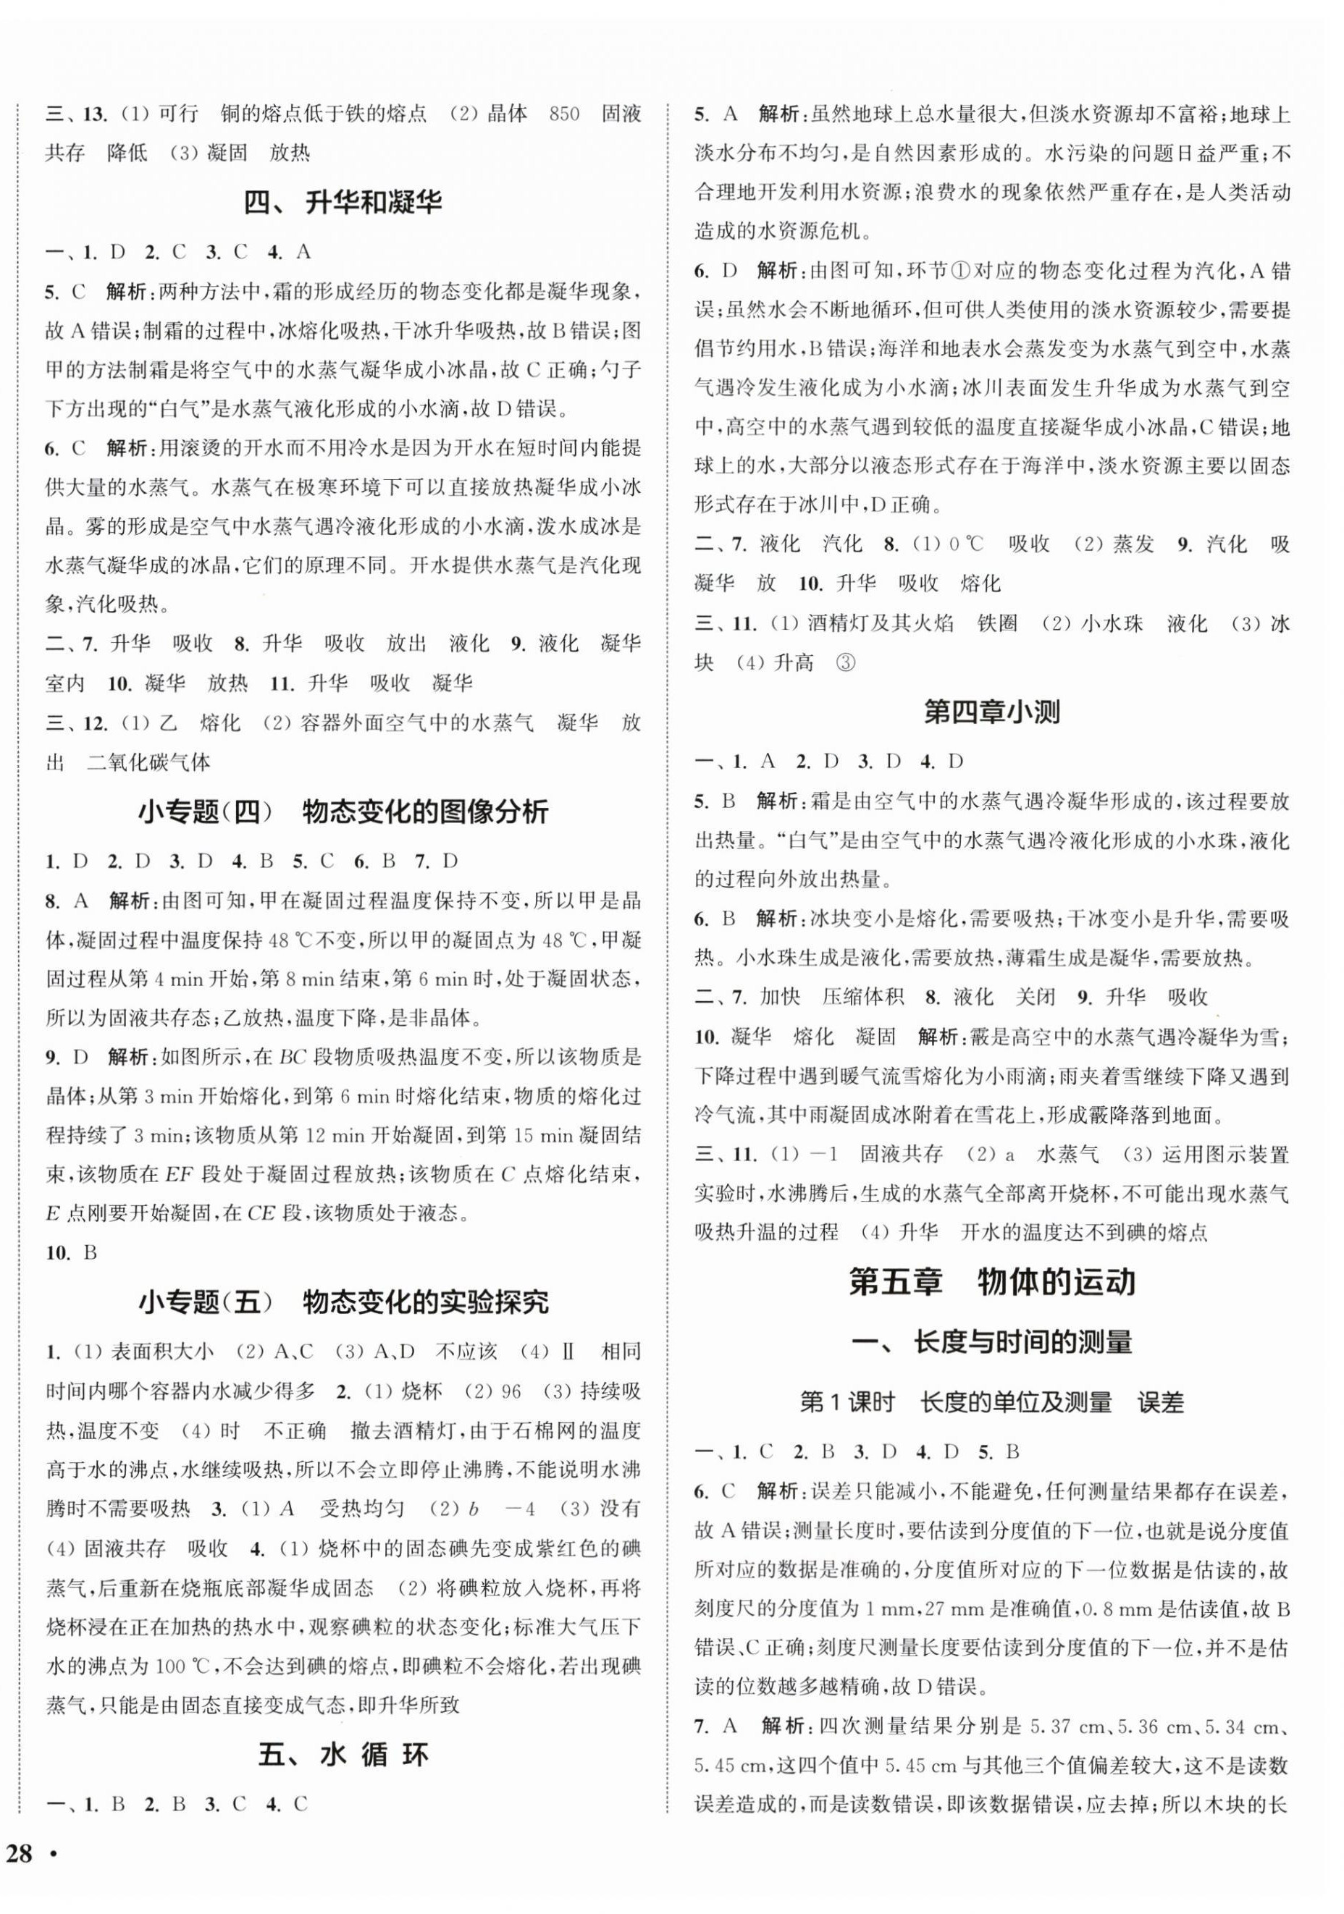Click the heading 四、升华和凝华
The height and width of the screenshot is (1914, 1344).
click(343, 203)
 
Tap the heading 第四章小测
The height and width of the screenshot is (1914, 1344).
click(991, 713)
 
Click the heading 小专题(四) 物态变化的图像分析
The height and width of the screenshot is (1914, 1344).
click(343, 812)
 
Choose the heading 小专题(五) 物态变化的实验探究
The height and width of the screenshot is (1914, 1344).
click(343, 1302)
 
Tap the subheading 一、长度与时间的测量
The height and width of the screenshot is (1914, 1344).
click(991, 1343)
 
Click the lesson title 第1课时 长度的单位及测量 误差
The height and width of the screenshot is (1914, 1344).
click(991, 1403)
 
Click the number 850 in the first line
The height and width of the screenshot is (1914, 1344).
click(564, 114)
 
